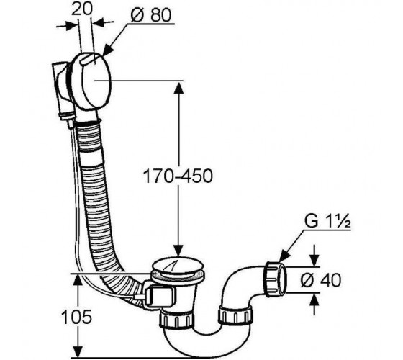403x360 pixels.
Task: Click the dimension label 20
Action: [x=81, y=10]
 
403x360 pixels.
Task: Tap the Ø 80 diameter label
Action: [x=151, y=15]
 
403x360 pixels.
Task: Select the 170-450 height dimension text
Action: [x=178, y=176]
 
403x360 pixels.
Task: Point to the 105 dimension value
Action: [x=76, y=317]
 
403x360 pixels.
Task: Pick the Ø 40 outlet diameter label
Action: [x=321, y=280]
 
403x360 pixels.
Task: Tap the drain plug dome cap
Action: [x=178, y=266]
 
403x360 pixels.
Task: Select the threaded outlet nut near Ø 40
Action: [x=275, y=279]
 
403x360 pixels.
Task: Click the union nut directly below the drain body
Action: [x=176, y=320]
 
